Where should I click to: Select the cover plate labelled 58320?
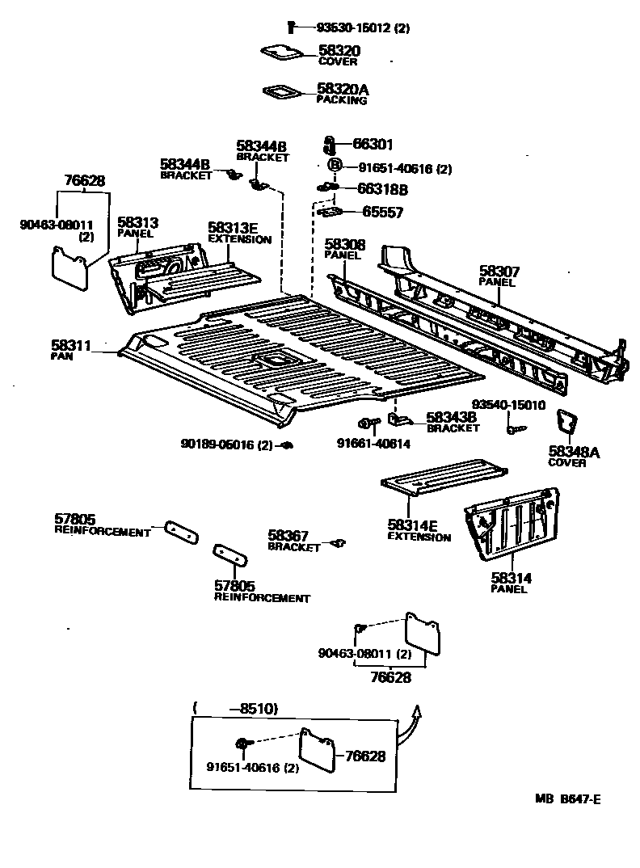(x=282, y=53)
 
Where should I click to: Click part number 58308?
(x=345, y=243)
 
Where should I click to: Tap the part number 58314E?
(x=413, y=526)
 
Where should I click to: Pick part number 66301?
(x=373, y=145)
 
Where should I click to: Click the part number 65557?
(x=382, y=213)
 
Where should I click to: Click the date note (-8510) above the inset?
(x=236, y=709)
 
